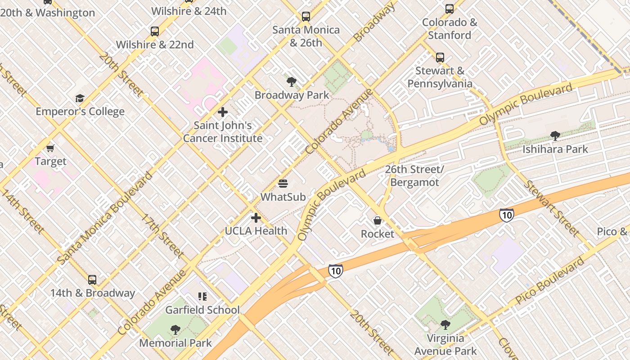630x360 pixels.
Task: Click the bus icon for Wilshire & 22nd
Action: [x=155, y=31]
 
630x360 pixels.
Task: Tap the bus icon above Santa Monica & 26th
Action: [x=306, y=17]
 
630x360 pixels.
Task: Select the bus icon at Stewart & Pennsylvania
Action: [x=440, y=58]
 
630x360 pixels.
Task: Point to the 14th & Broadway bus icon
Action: [x=92, y=279]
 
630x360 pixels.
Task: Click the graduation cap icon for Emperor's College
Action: [x=80, y=98]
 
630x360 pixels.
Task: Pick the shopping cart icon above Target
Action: [x=50, y=148]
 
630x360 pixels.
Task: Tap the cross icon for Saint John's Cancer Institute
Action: [x=223, y=112]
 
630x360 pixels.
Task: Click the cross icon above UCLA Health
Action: [x=256, y=218]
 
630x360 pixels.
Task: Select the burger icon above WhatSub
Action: [x=283, y=184]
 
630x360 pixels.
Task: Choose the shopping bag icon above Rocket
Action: [x=378, y=220]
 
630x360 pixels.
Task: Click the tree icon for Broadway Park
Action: [x=292, y=82]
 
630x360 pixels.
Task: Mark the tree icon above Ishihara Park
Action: [x=555, y=135]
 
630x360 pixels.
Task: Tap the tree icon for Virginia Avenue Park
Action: [x=445, y=325]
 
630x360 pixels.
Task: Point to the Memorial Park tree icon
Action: [x=175, y=330]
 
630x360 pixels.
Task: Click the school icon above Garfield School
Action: [x=202, y=297]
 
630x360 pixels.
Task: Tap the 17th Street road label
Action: [x=162, y=236]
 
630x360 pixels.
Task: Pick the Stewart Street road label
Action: [x=551, y=208]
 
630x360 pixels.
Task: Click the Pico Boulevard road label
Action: [x=550, y=280]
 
